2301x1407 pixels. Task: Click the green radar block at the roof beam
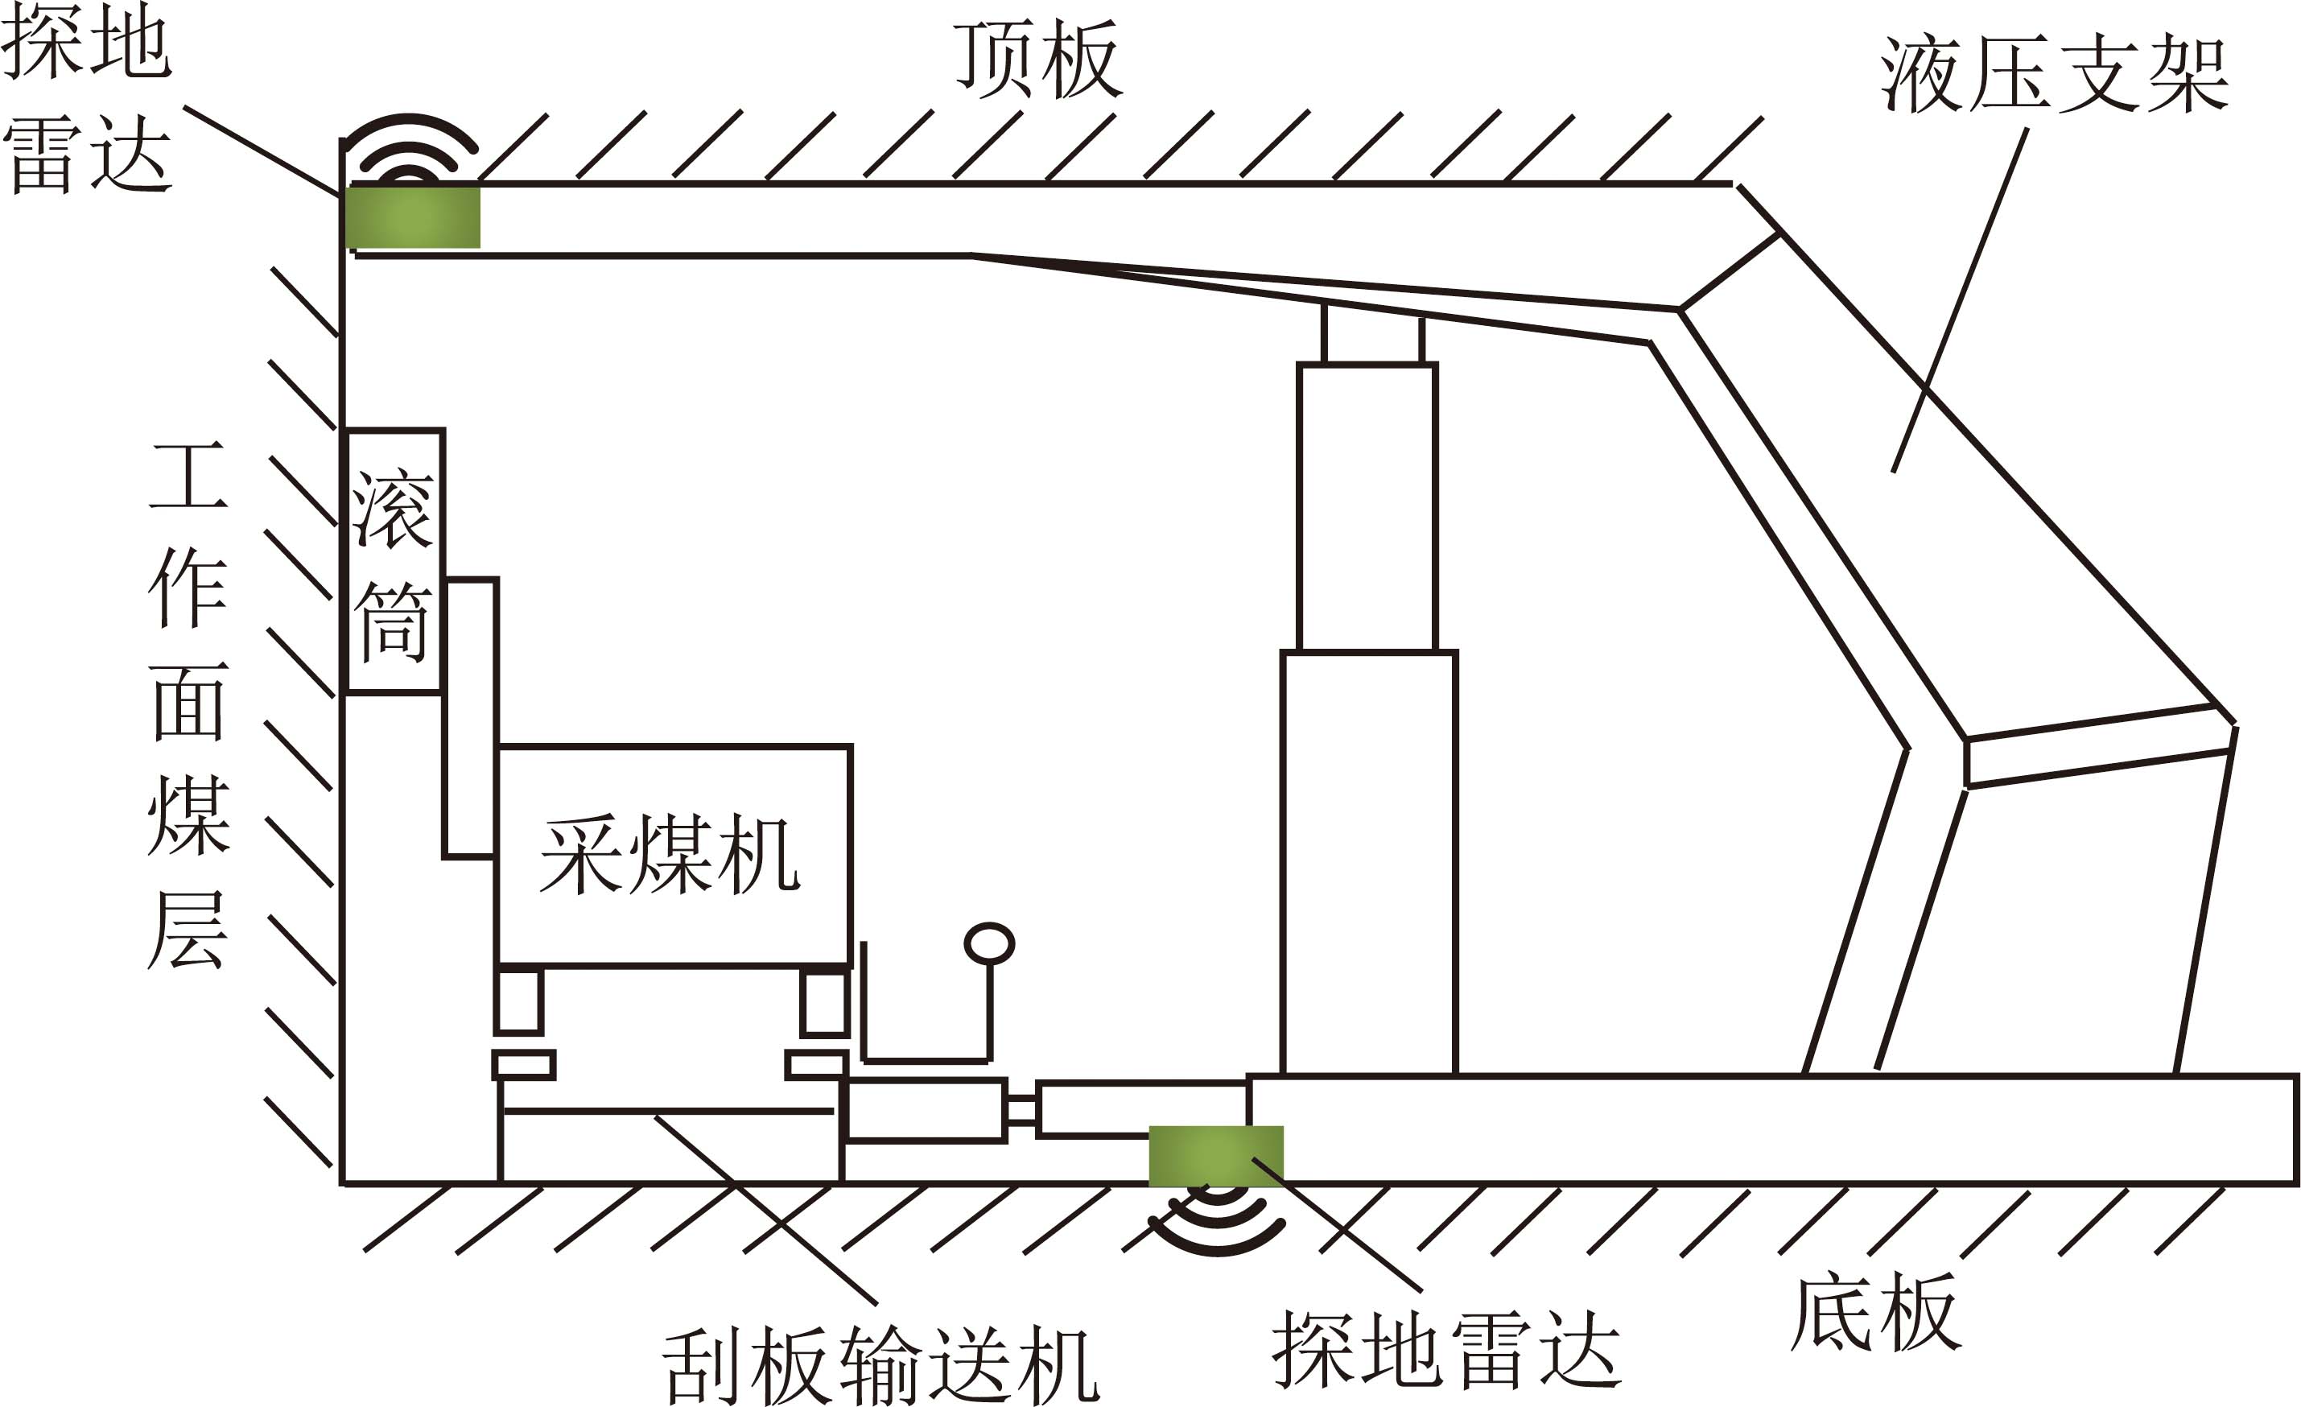tap(413, 217)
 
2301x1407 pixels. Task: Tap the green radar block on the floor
tap(1216, 1156)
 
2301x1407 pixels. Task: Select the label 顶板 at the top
tap(1037, 60)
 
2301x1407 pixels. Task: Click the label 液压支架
tap(2055, 75)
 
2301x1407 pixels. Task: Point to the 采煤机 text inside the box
tap(670, 855)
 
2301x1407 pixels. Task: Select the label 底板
tap(1875, 1312)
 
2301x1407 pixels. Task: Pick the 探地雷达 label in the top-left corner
tap(87, 97)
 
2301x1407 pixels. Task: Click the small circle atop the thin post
tap(990, 943)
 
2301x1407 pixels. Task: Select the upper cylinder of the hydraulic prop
tap(1367, 506)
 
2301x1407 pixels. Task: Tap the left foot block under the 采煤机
tap(518, 1001)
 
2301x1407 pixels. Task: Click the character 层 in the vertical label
tap(188, 930)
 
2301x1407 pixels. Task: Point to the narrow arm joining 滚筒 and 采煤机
tap(471, 717)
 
